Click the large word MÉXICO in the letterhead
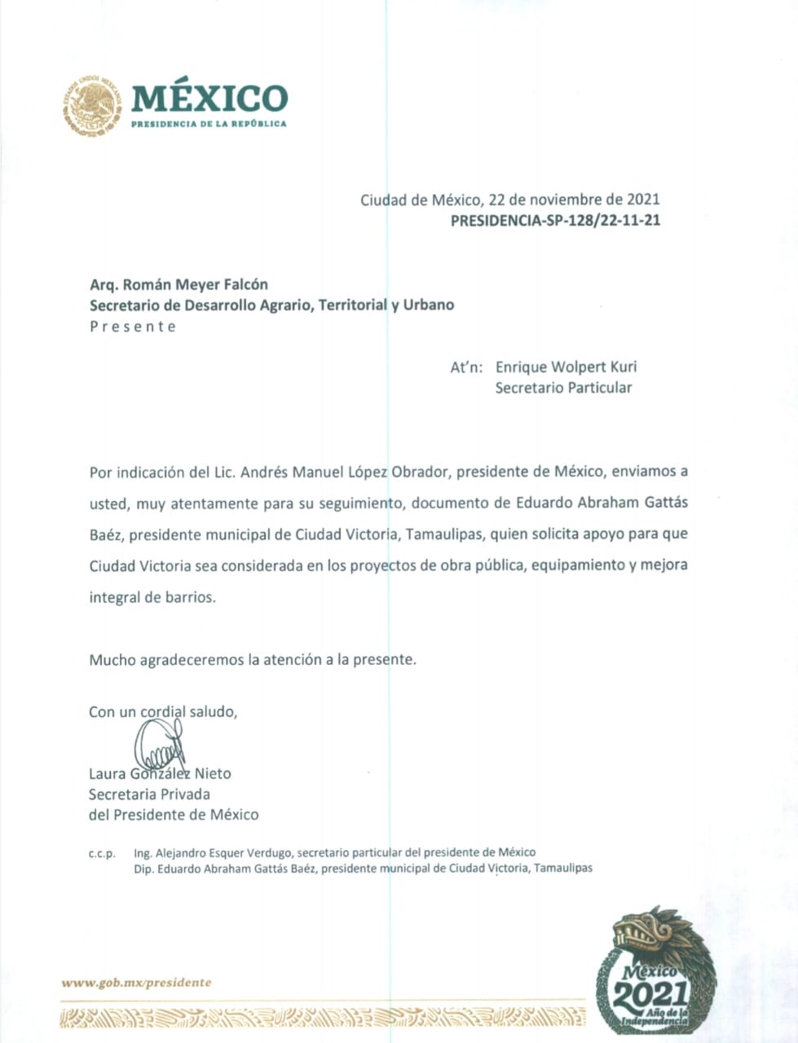point(209,99)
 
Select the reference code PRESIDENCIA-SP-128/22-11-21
point(555,220)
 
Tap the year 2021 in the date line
point(643,199)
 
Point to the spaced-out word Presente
point(132,327)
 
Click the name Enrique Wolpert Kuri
point(566,367)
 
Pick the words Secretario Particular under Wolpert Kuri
point(563,388)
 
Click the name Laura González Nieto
point(160,773)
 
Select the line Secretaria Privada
point(149,794)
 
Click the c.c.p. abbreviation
point(102,854)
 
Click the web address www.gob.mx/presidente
point(136,983)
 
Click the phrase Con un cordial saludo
point(163,711)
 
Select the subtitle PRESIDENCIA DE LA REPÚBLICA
point(209,124)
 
